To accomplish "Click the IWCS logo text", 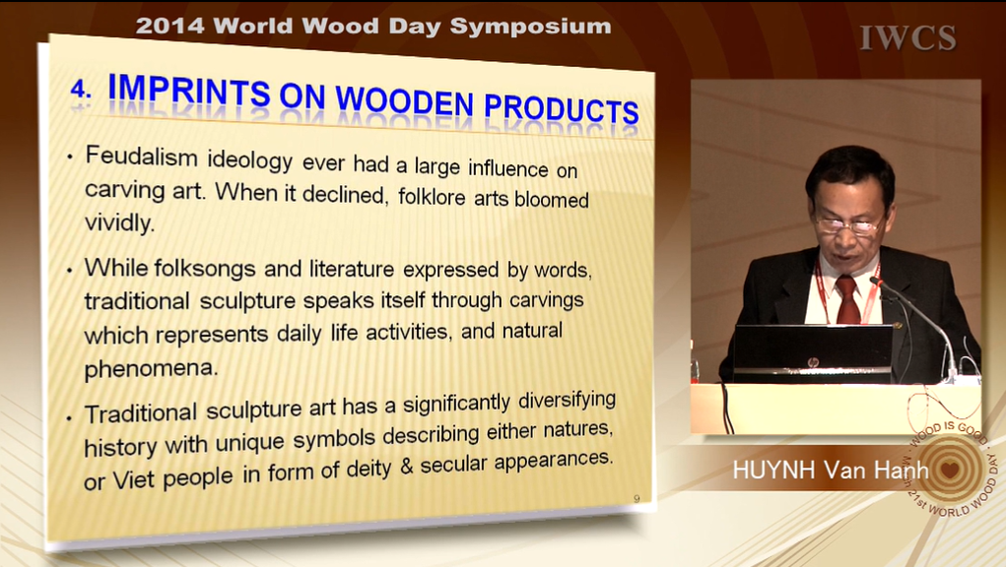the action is coord(907,38).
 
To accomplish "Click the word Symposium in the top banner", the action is coord(530,27).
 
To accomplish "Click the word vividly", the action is coord(120,222).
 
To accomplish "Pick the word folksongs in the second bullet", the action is coord(205,269).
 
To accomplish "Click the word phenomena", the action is coord(151,368).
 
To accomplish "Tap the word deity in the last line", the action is coord(369,470).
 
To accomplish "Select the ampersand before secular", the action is coord(406,467).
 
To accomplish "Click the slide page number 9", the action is coord(637,498).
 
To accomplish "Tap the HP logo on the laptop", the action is coord(814,363).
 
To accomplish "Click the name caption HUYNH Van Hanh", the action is coord(831,471).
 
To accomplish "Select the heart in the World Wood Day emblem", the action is coord(950,470).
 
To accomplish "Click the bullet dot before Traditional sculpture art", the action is coord(69,418).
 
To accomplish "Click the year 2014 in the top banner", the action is coord(170,27).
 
